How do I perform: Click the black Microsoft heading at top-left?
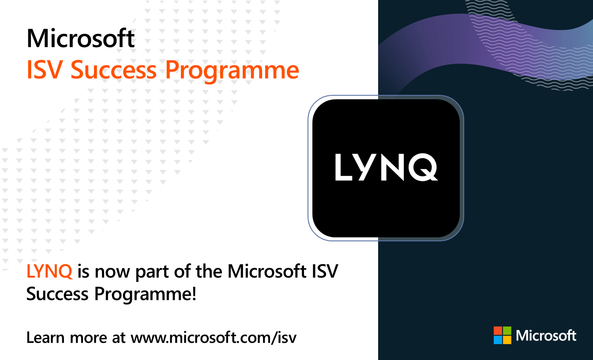[x=81, y=39]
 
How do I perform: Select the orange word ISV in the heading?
[x=45, y=70]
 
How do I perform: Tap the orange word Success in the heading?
[x=114, y=70]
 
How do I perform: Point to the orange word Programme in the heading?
[x=232, y=71]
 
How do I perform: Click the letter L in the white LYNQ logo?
[x=343, y=167]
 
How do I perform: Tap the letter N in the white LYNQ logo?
[x=393, y=167]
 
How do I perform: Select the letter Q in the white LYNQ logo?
[x=423, y=167]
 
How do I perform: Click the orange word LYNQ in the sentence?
[x=49, y=271]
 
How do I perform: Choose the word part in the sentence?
[x=152, y=273]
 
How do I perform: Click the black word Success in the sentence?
[x=57, y=294]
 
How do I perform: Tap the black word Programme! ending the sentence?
[x=145, y=295]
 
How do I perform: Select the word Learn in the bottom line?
[x=45, y=338]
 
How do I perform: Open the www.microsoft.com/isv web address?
[x=214, y=338]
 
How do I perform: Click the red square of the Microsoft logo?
[x=498, y=330]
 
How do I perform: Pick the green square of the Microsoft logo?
[x=507, y=330]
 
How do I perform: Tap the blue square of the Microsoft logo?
[x=498, y=340]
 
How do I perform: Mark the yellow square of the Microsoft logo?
[x=507, y=340]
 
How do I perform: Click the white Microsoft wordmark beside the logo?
[x=546, y=336]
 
